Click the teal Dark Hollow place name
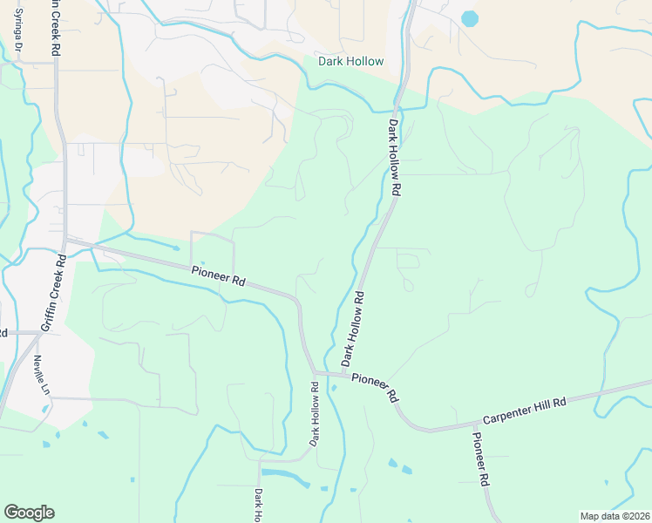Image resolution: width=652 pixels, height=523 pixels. [350, 61]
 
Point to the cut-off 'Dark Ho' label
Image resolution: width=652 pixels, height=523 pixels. [259, 506]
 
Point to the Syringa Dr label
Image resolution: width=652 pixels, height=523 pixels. [17, 35]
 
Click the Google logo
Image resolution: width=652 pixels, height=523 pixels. [29, 513]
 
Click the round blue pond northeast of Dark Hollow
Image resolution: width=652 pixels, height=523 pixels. [470, 17]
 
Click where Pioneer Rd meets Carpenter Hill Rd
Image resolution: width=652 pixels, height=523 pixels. [429, 431]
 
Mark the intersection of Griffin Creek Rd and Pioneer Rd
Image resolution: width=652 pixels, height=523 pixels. [65, 238]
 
